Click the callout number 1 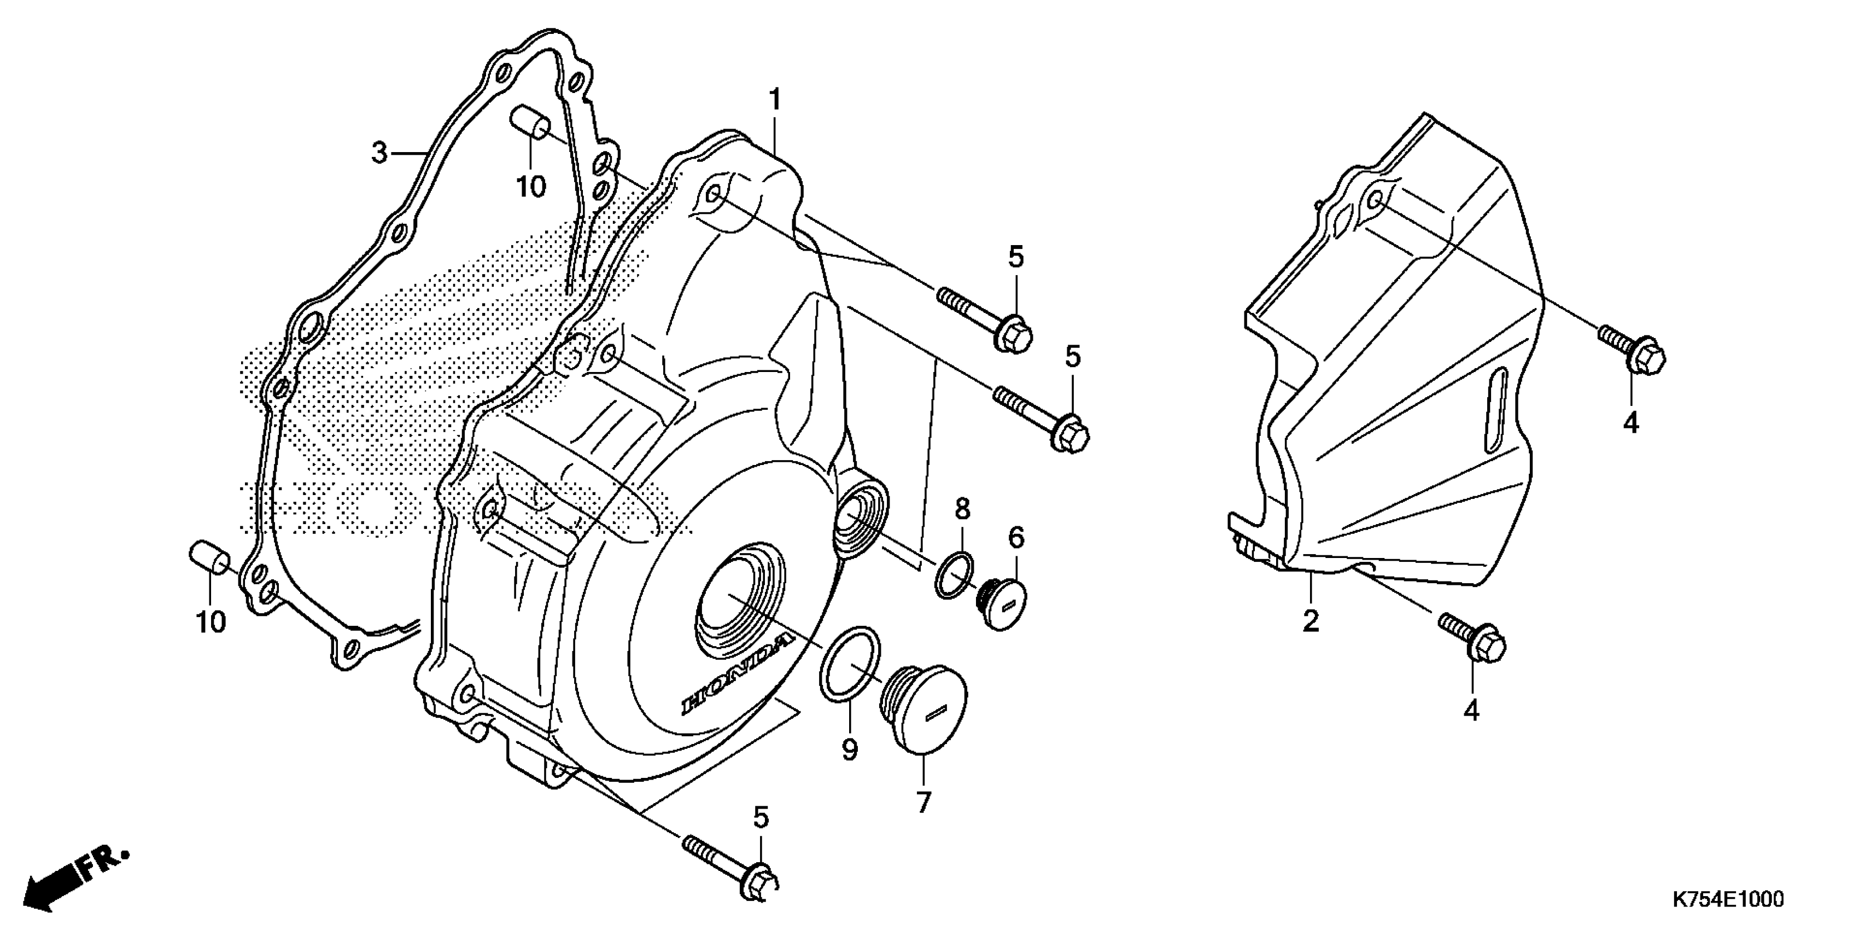(775, 100)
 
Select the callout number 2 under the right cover (1311, 621)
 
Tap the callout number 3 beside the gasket (379, 153)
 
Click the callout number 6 (1015, 537)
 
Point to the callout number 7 (923, 802)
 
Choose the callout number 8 (963, 509)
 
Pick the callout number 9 (850, 750)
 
